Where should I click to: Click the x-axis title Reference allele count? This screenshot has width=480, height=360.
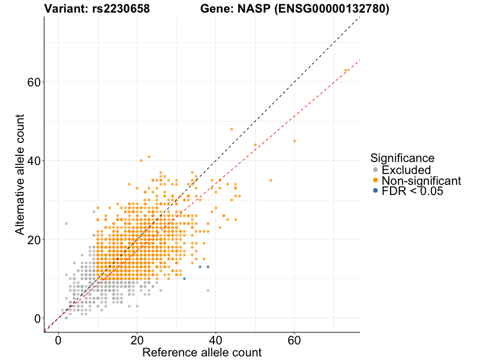pos(202,352)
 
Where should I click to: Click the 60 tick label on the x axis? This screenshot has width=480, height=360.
pos(295,340)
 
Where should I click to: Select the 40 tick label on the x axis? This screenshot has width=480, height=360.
pos(216,340)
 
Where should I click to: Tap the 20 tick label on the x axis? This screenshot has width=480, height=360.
pos(137,340)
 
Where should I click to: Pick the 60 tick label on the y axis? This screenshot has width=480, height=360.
pos(34,82)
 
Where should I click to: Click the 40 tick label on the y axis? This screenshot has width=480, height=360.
pos(34,161)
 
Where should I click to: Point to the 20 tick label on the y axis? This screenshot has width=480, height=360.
pos(34,239)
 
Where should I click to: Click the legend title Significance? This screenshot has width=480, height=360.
pos(402,158)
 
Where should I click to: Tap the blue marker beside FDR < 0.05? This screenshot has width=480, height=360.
pos(376,191)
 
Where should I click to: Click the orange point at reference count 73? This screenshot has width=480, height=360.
pos(346,70)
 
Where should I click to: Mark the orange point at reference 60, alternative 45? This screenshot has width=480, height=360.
pos(295,141)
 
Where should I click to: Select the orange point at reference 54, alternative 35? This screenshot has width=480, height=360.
pos(271,180)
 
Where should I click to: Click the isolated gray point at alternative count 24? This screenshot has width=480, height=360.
pos(66,224)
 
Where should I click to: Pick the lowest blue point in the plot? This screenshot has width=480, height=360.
pos(184,278)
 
